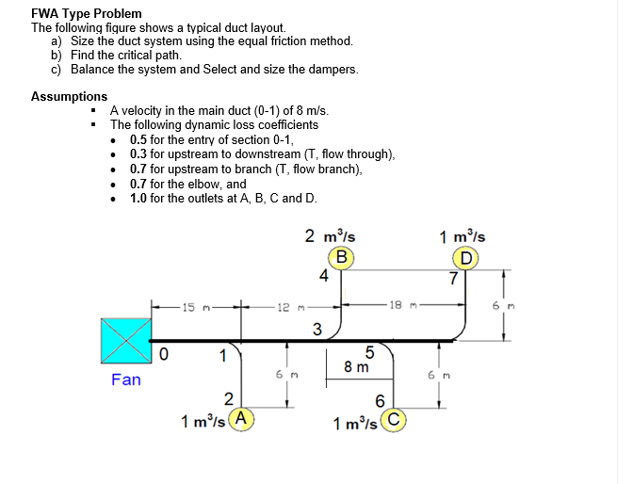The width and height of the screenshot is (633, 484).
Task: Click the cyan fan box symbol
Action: (126, 341)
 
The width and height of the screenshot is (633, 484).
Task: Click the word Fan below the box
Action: (125, 379)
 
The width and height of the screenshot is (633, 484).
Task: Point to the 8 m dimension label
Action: (355, 367)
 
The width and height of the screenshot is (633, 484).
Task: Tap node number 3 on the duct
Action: (317, 329)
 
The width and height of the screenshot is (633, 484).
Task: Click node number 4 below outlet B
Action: (324, 276)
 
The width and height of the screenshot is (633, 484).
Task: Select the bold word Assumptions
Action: (69, 96)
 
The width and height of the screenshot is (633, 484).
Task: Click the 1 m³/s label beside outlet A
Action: (203, 421)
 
